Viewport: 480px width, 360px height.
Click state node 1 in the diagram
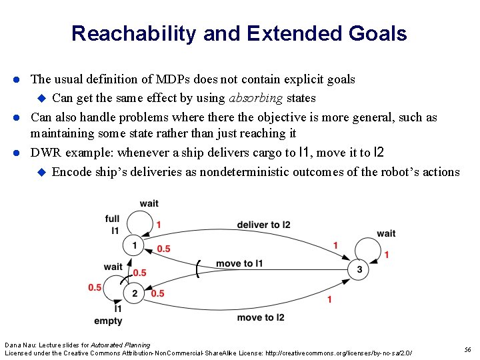tap(134, 246)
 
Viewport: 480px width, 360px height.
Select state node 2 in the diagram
tap(134, 293)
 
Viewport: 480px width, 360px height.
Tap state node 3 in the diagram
tap(359, 269)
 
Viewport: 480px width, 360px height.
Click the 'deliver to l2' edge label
tap(263, 225)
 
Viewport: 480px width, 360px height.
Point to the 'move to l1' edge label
tap(239, 263)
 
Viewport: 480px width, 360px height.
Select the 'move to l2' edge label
tap(261, 317)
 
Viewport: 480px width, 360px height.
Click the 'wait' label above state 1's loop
tap(149, 203)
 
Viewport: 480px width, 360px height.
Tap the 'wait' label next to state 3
tap(386, 233)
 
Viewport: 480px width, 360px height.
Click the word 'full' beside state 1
tap(113, 219)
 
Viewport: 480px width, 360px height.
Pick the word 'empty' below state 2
tap(108, 321)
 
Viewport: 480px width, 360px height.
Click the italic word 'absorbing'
tap(255, 98)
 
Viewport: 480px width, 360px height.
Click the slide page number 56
tap(467, 349)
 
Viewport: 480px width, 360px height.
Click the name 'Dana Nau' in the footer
tap(19, 345)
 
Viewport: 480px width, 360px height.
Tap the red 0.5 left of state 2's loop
tap(94, 287)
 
